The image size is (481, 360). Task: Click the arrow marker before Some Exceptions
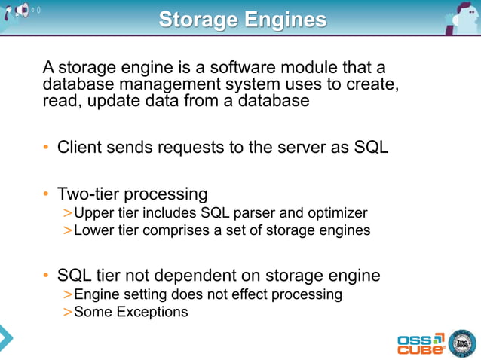68,311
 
